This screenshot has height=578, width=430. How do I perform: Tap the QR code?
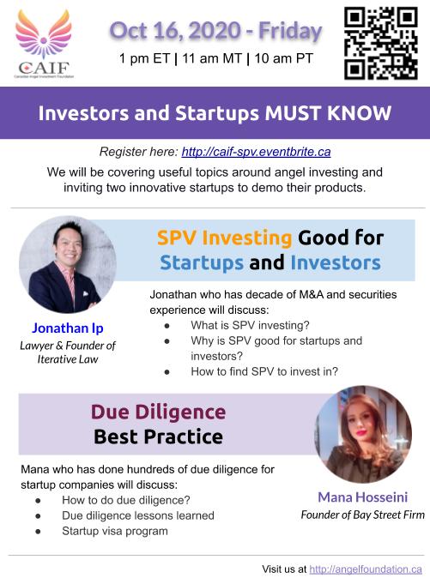click(x=381, y=44)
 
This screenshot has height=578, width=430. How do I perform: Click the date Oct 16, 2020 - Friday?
click(x=216, y=31)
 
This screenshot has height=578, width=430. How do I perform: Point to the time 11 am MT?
click(x=212, y=58)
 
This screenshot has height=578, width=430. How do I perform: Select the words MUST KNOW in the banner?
click(x=328, y=113)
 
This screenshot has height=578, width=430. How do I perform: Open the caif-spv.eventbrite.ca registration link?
click(x=256, y=152)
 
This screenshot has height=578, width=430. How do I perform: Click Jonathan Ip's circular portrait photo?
click(x=68, y=265)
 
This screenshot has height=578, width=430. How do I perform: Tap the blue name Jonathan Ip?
click(x=68, y=328)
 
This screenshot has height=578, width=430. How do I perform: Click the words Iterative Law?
click(x=68, y=359)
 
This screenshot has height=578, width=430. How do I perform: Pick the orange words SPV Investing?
click(x=225, y=238)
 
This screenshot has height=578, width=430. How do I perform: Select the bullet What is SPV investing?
click(x=250, y=325)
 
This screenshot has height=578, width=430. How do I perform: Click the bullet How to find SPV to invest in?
click(x=264, y=371)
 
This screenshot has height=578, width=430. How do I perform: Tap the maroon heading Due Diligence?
click(x=158, y=412)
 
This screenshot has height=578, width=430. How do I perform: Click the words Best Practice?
click(x=158, y=437)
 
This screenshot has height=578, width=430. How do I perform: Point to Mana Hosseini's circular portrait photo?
click(x=363, y=434)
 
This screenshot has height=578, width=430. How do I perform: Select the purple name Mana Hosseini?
click(x=363, y=497)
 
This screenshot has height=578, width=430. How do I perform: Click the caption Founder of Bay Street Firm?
click(x=363, y=515)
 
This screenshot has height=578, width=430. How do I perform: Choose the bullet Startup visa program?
click(x=115, y=531)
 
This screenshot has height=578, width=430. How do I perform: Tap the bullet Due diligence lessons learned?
click(x=138, y=515)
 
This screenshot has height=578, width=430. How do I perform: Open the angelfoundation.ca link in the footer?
click(x=366, y=569)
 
